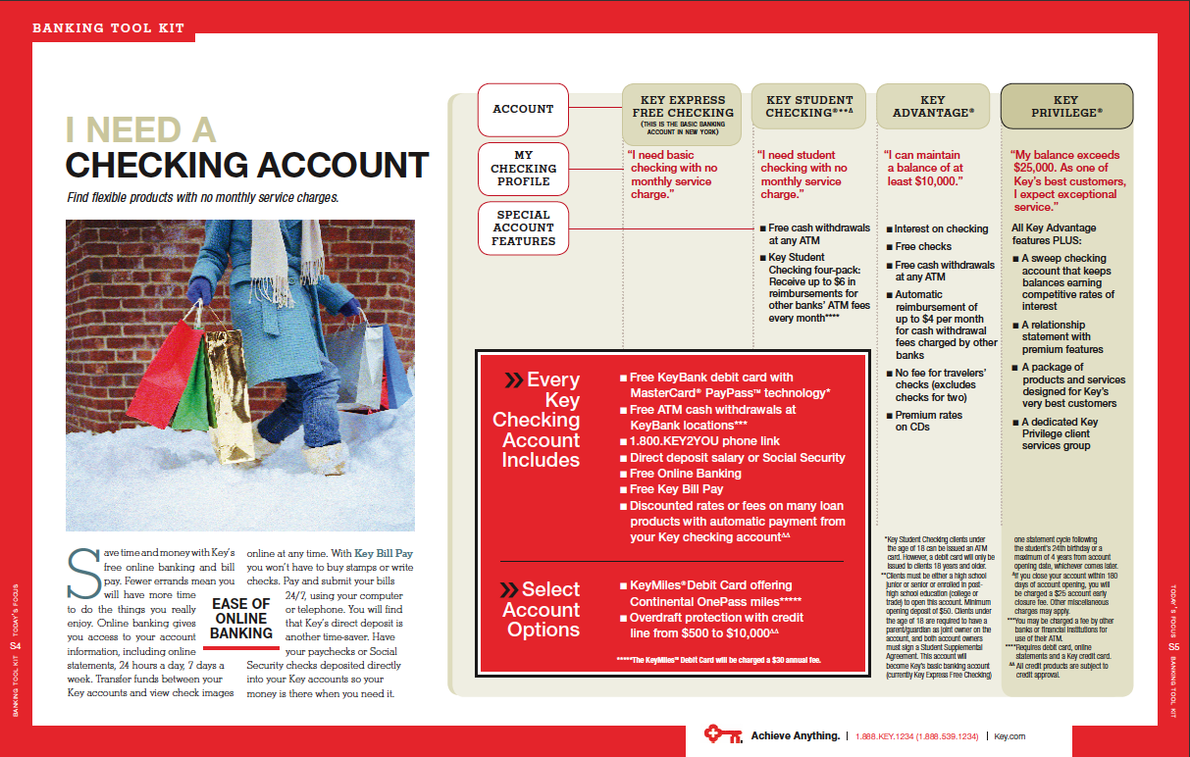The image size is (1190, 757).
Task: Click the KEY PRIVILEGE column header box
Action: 1066,106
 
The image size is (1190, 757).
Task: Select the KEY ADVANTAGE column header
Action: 933,106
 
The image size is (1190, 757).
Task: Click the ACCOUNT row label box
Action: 523,109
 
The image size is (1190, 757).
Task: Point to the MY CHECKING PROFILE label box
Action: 523,169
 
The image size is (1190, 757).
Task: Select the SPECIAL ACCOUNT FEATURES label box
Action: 523,228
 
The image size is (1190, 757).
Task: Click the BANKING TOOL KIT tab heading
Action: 108,27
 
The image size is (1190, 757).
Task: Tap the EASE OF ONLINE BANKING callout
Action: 241,619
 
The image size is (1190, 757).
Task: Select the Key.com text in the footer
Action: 1009,735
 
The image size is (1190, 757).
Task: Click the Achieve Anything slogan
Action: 795,735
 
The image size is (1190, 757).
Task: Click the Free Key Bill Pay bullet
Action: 676,489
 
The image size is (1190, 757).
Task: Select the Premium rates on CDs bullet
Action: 928,421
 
